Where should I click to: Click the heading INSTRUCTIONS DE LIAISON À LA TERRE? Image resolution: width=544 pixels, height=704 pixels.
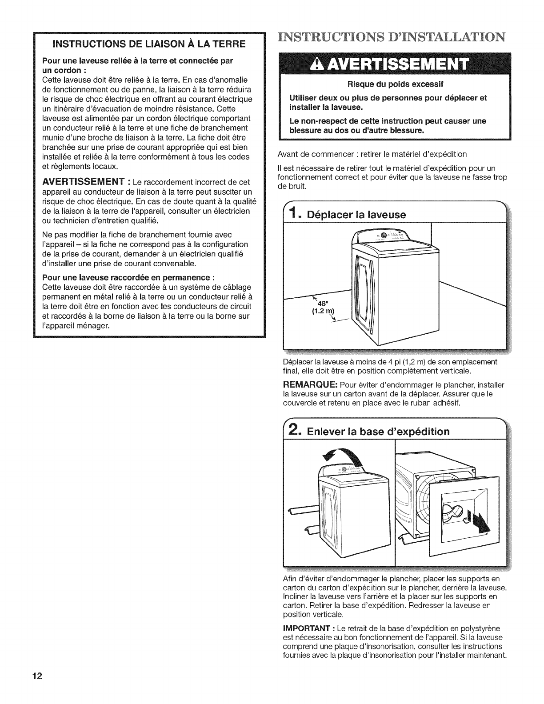pos(149,44)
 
